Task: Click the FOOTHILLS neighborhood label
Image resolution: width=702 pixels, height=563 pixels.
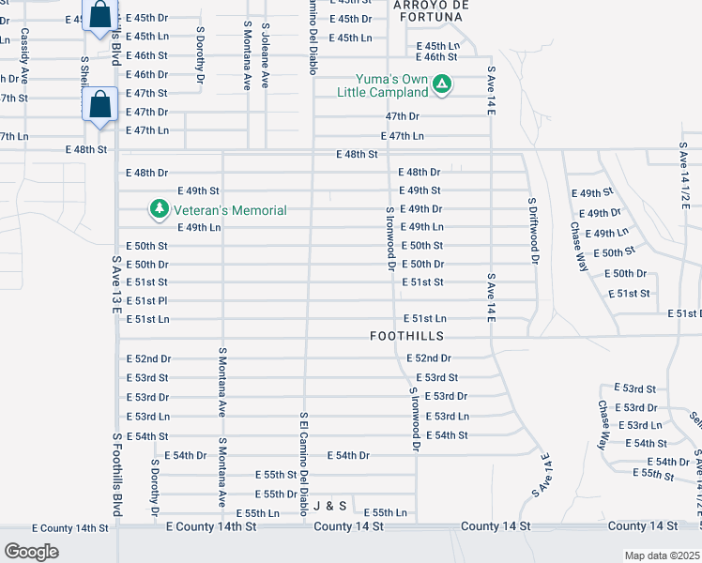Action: [406, 335]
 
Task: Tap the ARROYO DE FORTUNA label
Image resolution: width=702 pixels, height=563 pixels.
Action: [430, 11]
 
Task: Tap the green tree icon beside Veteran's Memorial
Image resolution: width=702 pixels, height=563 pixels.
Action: [160, 207]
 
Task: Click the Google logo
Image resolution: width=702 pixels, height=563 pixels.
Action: [31, 551]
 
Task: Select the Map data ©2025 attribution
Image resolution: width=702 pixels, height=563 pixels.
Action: [663, 555]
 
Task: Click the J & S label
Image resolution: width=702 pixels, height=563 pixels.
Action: [330, 505]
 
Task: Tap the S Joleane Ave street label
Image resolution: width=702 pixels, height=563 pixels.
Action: [267, 56]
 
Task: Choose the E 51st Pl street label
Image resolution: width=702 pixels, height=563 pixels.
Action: [146, 300]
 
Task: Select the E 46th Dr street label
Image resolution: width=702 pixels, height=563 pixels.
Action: [146, 74]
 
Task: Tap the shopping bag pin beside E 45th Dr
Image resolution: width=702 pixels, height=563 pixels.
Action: [99, 15]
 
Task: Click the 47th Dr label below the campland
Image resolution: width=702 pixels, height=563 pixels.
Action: [402, 116]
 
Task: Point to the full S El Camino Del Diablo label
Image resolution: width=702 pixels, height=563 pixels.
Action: [303, 464]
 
